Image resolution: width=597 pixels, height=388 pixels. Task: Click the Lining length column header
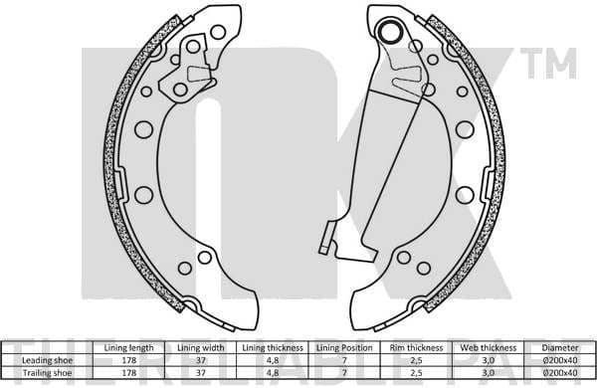[x=129, y=347]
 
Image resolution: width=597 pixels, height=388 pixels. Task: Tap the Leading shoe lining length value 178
[x=129, y=359]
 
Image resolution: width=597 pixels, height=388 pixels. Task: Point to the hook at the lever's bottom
[x=323, y=243]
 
